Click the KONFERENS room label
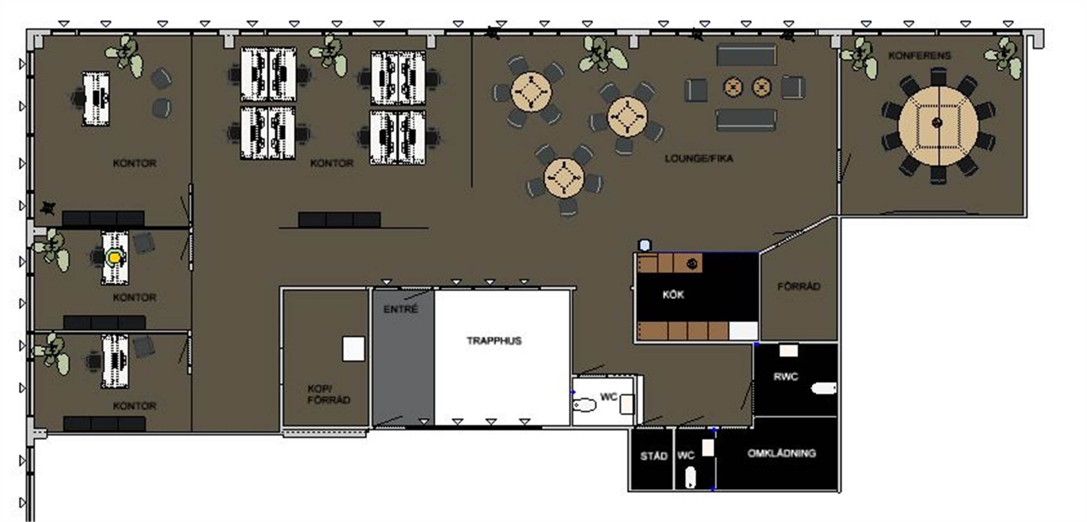tap(919, 56)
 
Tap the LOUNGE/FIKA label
tap(699, 158)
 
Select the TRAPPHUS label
tap(494, 341)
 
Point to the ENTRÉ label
tap(400, 308)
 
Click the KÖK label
tap(673, 295)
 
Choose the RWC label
tap(785, 377)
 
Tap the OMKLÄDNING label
tap(782, 453)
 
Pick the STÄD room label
tap(654, 456)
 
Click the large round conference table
tap(938, 126)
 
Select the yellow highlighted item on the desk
tap(114, 257)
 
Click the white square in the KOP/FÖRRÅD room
tap(353, 349)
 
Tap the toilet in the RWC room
tap(824, 389)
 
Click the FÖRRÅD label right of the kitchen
tap(799, 286)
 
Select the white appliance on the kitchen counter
tap(743, 331)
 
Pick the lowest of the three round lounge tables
tap(564, 177)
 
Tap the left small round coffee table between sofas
tap(733, 87)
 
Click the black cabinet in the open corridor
tap(339, 220)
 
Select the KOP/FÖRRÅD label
tap(329, 394)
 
